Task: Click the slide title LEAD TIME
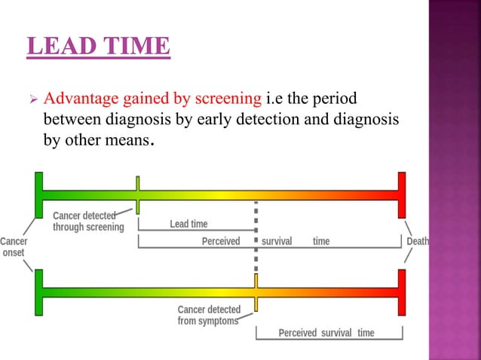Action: coord(99,46)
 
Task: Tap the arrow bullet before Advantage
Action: coord(32,100)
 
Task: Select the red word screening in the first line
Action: coord(231,99)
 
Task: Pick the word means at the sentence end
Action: coord(125,139)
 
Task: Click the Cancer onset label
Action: coord(13,247)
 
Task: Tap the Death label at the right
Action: coord(418,242)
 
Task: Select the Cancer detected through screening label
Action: coord(87,221)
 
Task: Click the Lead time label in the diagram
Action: coord(188,224)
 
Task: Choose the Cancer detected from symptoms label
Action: coord(209,315)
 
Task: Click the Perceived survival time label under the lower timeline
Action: coord(326,333)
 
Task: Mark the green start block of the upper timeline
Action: coord(38,194)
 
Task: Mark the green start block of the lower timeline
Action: coord(38,292)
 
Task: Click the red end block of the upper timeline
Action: coord(402,194)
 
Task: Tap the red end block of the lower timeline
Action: coord(402,292)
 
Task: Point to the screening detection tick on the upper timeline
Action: coord(137,195)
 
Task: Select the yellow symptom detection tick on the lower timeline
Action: coord(256,292)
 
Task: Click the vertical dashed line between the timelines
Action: coord(256,241)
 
